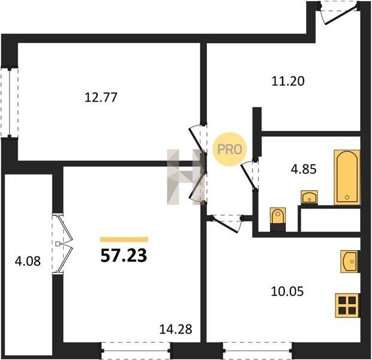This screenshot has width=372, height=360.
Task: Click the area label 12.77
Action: point(101,97)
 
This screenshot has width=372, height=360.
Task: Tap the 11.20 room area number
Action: point(288,81)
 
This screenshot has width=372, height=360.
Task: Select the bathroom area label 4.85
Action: point(304,169)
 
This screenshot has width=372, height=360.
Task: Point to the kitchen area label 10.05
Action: point(287,291)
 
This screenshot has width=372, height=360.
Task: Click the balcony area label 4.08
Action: point(28,261)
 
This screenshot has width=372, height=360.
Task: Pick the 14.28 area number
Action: point(176,329)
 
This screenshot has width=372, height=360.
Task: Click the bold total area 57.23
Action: point(124,256)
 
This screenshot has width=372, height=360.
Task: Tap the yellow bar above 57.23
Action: point(124,239)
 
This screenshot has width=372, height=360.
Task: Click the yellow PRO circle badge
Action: point(230,149)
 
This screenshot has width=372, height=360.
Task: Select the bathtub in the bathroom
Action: point(347,177)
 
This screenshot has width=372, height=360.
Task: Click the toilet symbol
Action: point(278,220)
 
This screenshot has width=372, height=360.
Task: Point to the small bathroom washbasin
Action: point(310,197)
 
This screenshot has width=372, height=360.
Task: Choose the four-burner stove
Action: point(347,305)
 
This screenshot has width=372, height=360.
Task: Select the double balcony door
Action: point(62,244)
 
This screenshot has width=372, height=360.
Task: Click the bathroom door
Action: point(250,175)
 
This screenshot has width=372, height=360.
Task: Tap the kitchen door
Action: point(227,224)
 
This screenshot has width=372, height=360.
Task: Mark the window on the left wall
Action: point(10,103)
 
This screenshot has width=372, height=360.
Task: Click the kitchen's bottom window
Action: point(257,351)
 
